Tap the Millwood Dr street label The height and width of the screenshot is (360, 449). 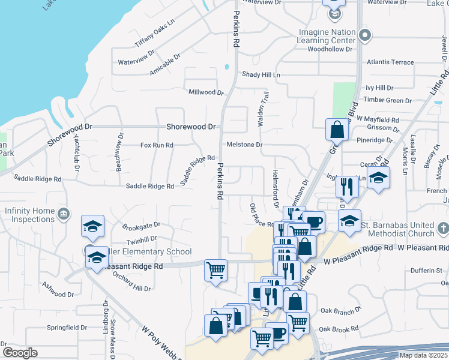(206, 92)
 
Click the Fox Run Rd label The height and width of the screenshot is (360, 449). (157, 145)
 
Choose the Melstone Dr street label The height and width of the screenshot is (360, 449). (244, 145)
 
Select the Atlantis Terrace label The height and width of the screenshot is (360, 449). (390, 62)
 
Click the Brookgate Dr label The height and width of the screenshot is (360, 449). (141, 226)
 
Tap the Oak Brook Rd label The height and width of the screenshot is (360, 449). (339, 329)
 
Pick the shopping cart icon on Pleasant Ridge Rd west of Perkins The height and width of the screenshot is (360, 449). (215, 269)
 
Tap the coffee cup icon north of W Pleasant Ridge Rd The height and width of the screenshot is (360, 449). (313, 222)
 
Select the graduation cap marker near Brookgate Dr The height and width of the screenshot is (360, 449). (92, 226)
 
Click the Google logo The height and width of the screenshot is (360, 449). (20, 352)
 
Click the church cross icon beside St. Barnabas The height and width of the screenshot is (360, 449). (443, 229)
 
